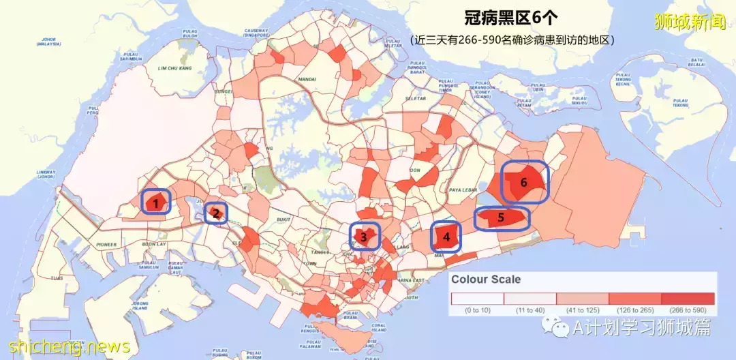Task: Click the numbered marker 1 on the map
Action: (156, 202)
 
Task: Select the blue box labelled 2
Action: (216, 213)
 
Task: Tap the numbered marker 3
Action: (365, 237)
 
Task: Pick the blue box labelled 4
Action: (446, 237)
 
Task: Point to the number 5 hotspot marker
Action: (502, 218)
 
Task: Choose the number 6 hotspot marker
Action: (524, 182)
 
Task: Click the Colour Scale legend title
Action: (486, 280)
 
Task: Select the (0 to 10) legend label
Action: (476, 311)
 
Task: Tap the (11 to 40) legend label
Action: (530, 311)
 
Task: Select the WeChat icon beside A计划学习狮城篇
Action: (561, 329)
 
